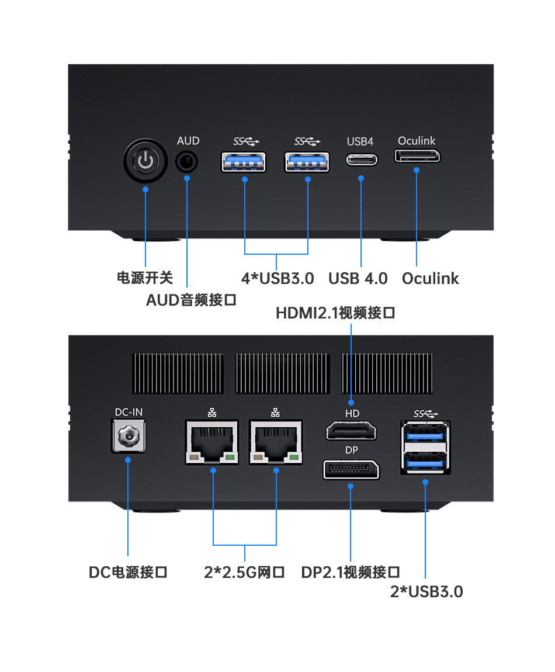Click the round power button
(145, 160)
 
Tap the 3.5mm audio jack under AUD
(187, 161)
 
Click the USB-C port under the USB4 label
(361, 159)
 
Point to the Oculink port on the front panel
(417, 157)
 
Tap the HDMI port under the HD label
(351, 432)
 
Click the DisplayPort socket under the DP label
(351, 470)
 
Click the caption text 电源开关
(145, 278)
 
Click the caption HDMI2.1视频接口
(335, 313)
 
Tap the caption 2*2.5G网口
(244, 572)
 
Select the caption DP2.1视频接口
(351, 572)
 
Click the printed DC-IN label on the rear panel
(128, 412)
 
